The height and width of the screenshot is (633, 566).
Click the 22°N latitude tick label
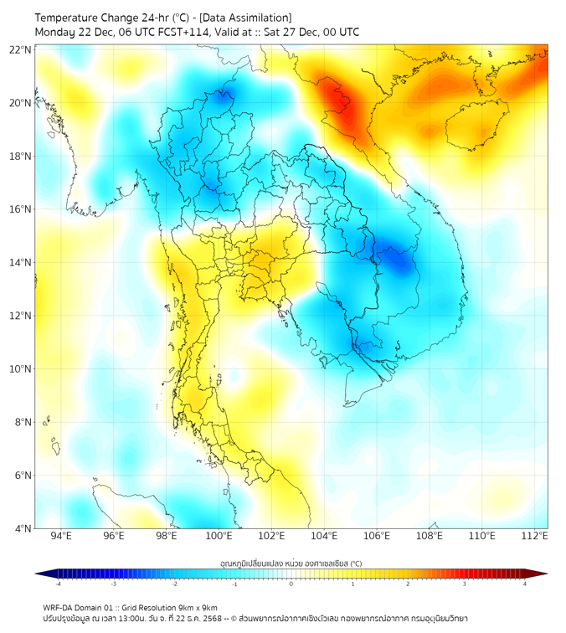pyautogui.click(x=20, y=49)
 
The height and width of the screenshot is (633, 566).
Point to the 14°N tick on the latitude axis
pyautogui.click(x=20, y=263)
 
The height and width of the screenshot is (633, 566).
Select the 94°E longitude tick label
pyautogui.click(x=61, y=536)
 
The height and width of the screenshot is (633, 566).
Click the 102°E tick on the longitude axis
pyautogui.click(x=271, y=536)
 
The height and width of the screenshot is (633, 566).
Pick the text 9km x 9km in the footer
pyautogui.click(x=198, y=607)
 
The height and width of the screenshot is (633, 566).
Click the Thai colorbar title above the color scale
pyautogui.click(x=291, y=564)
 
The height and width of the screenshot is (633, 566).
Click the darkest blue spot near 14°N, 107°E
pyautogui.click(x=395, y=261)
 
